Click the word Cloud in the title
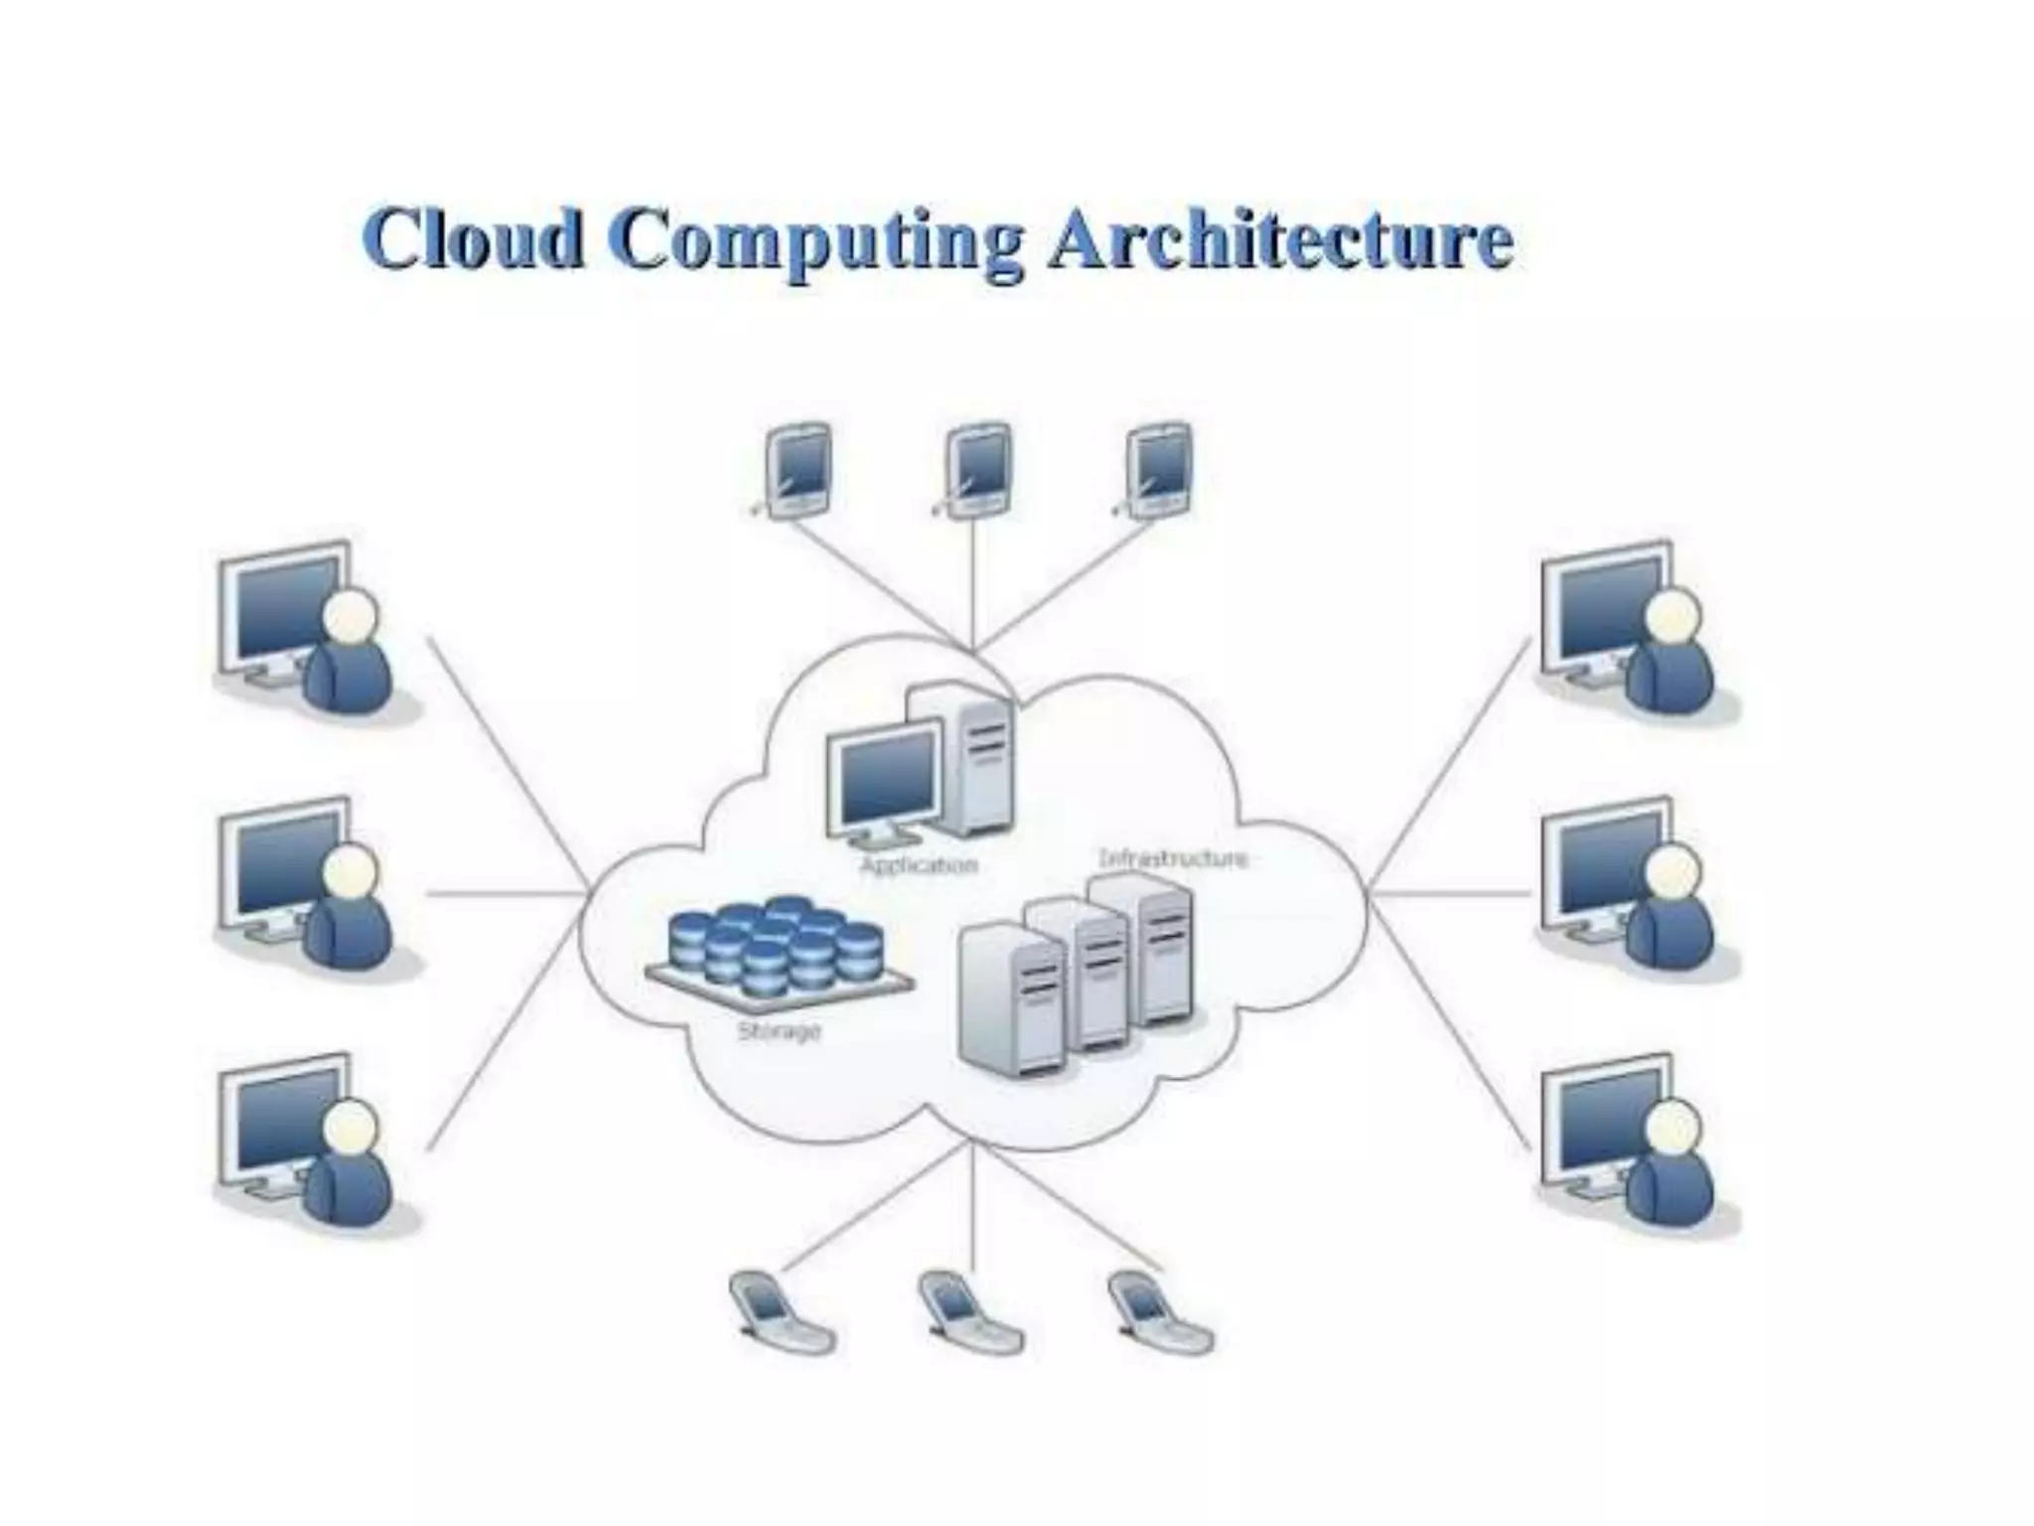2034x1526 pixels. [474, 238]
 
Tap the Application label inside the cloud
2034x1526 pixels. [919, 865]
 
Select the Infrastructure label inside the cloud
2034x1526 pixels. [1173, 857]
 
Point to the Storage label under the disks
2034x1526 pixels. [780, 1031]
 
